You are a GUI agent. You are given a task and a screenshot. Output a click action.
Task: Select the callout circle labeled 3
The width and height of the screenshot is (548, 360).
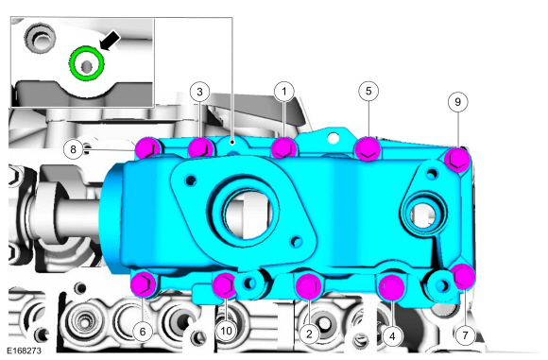(x=198, y=92)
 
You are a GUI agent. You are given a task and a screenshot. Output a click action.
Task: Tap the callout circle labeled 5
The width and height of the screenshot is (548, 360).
(x=369, y=91)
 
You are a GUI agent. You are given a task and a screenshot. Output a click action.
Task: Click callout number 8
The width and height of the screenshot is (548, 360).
(x=74, y=148)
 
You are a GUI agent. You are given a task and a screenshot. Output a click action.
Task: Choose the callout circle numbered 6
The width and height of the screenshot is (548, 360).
(x=142, y=331)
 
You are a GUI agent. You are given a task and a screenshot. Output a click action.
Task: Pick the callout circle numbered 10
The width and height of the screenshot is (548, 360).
(x=227, y=331)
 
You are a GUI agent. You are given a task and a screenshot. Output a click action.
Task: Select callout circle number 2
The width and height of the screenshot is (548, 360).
(x=309, y=332)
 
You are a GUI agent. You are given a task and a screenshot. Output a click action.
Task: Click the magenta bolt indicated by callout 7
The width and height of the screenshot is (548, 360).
(x=463, y=276)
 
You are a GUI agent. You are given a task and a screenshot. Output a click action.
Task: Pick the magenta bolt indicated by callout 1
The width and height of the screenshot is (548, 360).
(x=283, y=148)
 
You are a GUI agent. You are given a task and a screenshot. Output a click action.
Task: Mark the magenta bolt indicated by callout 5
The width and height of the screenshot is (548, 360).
(x=368, y=148)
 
